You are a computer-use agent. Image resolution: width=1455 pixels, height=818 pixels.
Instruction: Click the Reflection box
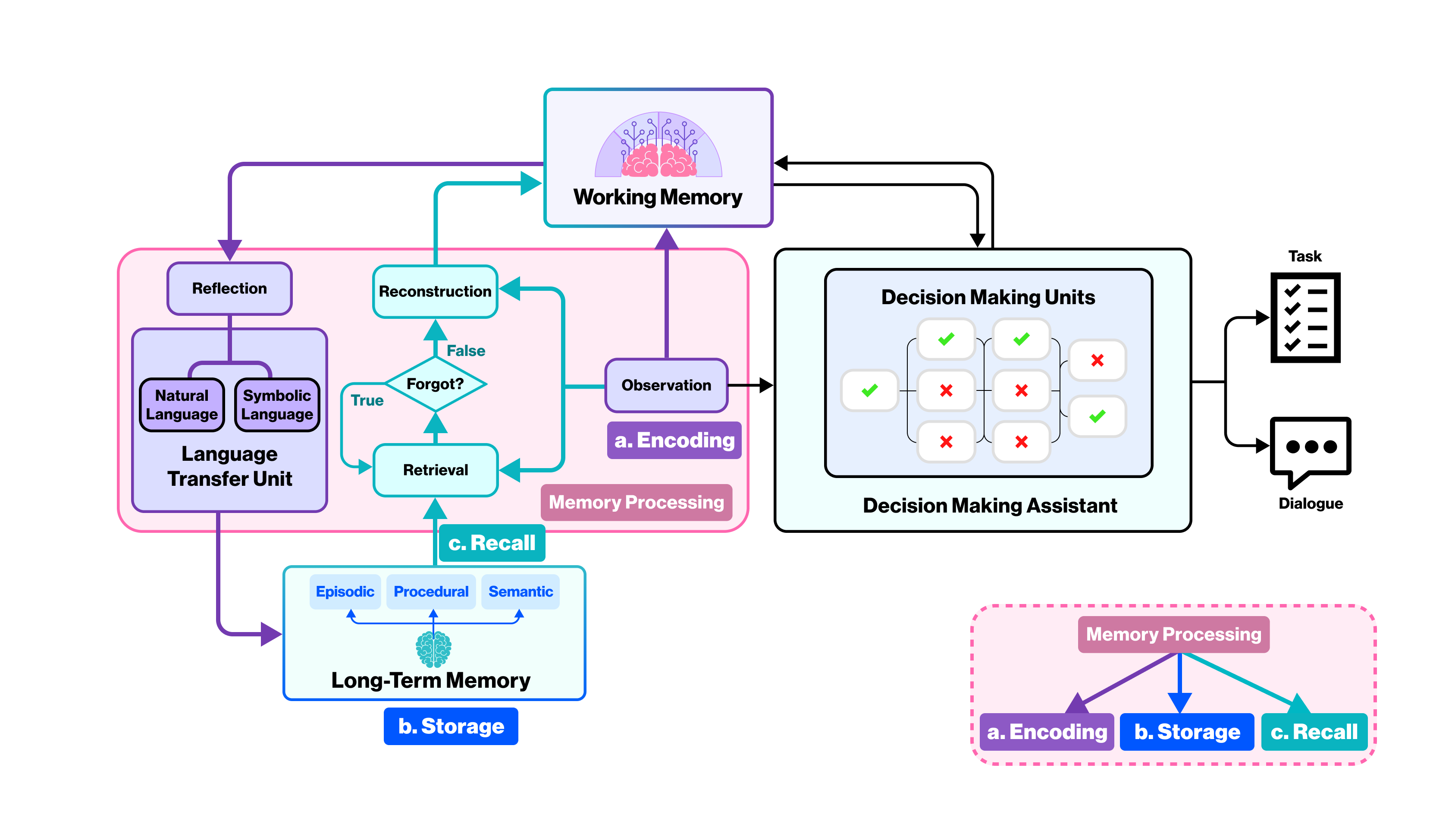tap(229, 288)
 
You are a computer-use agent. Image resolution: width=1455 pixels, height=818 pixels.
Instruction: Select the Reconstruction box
tap(435, 292)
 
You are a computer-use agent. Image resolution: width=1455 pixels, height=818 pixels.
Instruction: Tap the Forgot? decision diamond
tap(435, 384)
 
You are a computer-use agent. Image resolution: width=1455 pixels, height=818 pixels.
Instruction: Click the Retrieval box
tap(435, 470)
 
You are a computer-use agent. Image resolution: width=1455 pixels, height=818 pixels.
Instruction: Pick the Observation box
tap(666, 385)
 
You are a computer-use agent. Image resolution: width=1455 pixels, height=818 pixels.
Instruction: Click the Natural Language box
tap(182, 405)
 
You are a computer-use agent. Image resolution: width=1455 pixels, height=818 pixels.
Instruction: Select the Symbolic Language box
tap(277, 405)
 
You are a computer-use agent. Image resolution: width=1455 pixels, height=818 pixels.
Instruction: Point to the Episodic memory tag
tap(345, 591)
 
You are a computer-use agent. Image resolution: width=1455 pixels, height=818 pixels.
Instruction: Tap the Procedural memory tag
tap(431, 591)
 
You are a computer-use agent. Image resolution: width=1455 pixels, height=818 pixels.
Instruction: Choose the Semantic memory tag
tap(520, 591)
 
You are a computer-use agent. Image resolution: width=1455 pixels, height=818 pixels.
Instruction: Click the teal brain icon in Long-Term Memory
tap(433, 649)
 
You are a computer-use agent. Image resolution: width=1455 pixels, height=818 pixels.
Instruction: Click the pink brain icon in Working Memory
tap(658, 160)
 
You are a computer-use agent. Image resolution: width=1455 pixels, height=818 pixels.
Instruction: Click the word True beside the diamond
tap(367, 400)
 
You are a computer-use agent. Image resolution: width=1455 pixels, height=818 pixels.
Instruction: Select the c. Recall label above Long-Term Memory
tap(492, 543)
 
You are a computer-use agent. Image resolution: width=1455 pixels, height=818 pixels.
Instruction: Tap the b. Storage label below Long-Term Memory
tap(451, 726)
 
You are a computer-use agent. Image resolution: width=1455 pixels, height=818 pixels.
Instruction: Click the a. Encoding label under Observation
tap(674, 440)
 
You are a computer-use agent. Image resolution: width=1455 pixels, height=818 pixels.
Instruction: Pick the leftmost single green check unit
tap(869, 390)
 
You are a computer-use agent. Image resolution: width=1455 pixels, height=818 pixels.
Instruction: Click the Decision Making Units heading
tap(988, 297)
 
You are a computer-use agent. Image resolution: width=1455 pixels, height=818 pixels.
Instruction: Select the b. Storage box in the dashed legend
tap(1187, 732)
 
